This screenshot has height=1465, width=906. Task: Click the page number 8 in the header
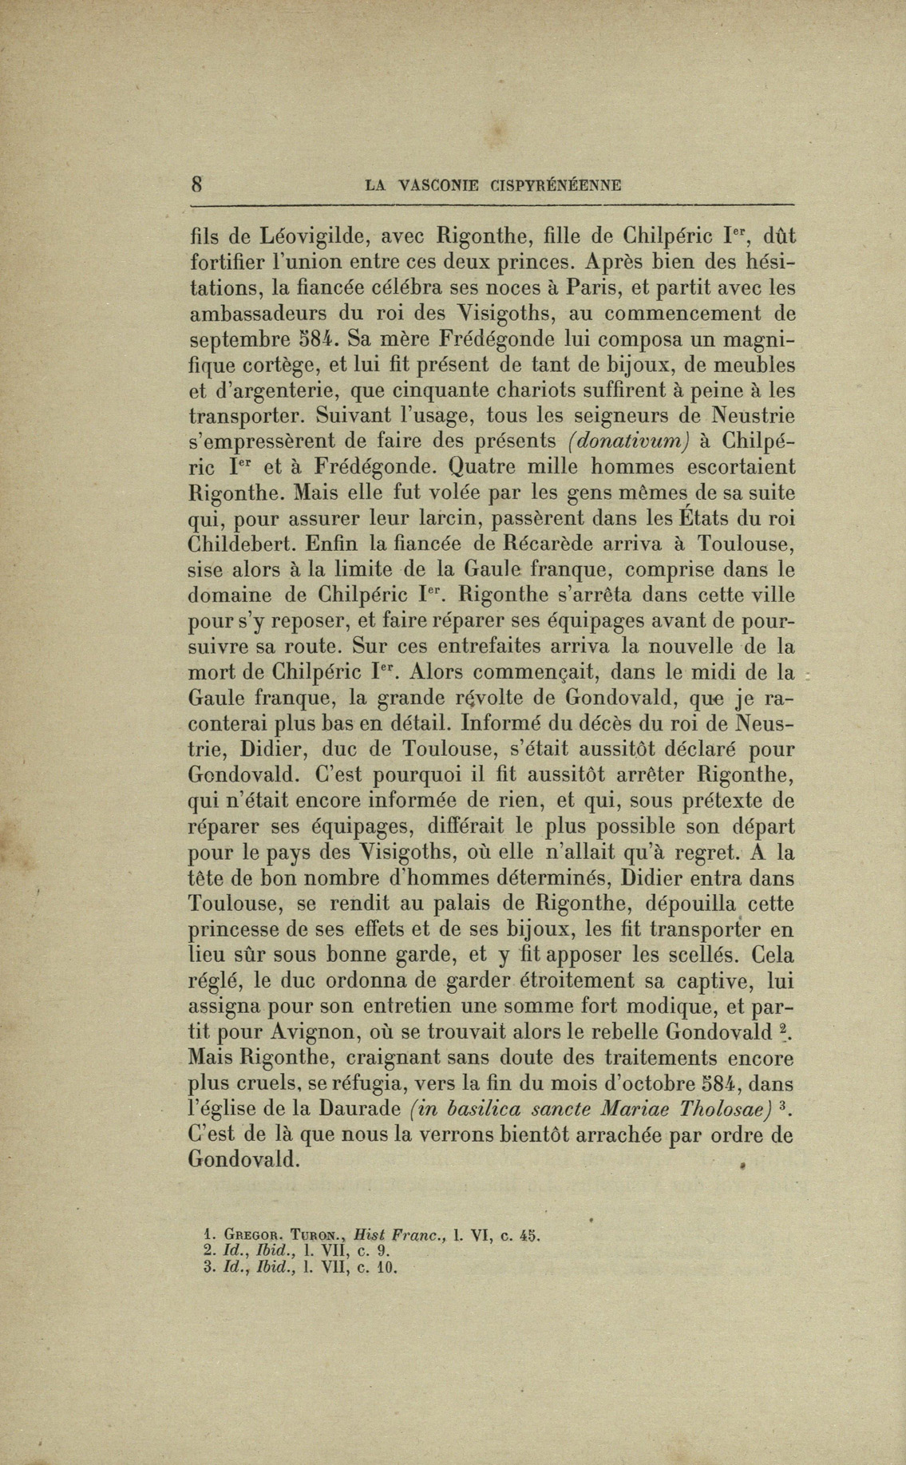(x=196, y=184)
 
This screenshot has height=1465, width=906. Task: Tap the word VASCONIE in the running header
(x=433, y=186)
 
